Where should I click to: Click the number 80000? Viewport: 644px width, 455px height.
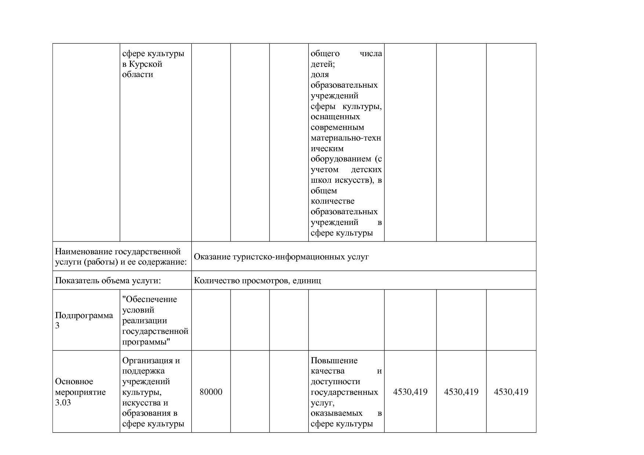211,392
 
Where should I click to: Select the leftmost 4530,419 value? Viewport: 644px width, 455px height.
410,392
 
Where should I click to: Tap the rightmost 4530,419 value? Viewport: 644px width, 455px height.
511,392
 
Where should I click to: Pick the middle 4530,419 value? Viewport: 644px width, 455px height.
461,392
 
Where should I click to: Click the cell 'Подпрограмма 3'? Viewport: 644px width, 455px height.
84,320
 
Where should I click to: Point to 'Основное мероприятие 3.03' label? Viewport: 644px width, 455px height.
80,392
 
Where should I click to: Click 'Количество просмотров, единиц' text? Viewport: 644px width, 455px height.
257,281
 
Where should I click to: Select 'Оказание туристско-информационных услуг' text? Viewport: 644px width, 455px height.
281,256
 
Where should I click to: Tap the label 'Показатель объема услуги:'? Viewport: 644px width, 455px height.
108,281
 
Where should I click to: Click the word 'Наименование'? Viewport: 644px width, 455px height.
84,252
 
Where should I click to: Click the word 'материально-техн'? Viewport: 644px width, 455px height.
345,138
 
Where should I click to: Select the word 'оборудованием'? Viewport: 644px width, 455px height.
341,159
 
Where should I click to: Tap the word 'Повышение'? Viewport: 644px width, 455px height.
334,360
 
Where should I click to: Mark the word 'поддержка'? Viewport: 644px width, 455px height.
143,371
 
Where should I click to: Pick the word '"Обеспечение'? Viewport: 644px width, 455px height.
149,299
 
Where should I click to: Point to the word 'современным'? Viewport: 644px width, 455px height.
337,127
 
